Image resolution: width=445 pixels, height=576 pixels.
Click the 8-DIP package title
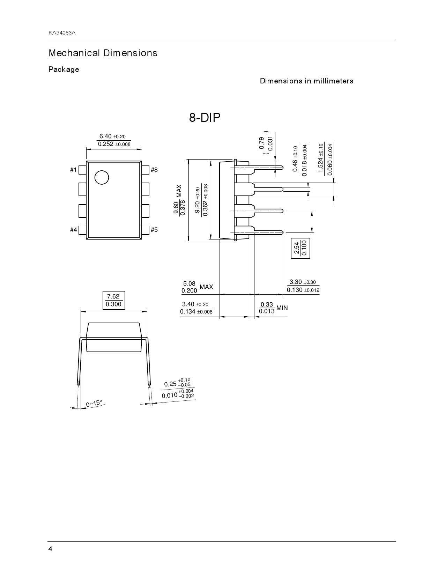pyautogui.click(x=205, y=118)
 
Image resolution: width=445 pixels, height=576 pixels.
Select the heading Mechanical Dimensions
pyautogui.click(x=103, y=53)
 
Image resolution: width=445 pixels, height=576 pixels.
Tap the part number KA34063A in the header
pyautogui.click(x=62, y=33)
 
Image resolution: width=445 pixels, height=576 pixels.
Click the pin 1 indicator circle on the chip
pyautogui.click(x=102, y=177)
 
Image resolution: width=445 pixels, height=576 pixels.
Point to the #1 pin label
pyautogui.click(x=73, y=170)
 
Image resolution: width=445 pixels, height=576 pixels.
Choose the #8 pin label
pyautogui.click(x=154, y=170)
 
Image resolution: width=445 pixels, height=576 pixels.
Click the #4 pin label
pyautogui.click(x=73, y=230)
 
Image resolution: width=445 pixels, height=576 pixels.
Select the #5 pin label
pyautogui.click(x=154, y=230)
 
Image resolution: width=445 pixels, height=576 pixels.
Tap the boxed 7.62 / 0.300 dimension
pyautogui.click(x=113, y=300)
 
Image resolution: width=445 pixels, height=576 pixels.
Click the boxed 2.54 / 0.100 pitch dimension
pyautogui.click(x=300, y=248)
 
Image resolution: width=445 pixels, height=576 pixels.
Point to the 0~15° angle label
pyautogui.click(x=94, y=404)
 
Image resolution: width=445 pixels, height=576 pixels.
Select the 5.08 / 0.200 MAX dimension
pyautogui.click(x=197, y=287)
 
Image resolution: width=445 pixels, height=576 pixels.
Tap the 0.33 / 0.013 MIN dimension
pyautogui.click(x=273, y=308)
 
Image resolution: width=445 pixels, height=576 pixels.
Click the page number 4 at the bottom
pyautogui.click(x=50, y=549)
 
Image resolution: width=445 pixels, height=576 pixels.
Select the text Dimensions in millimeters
pyautogui.click(x=306, y=81)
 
